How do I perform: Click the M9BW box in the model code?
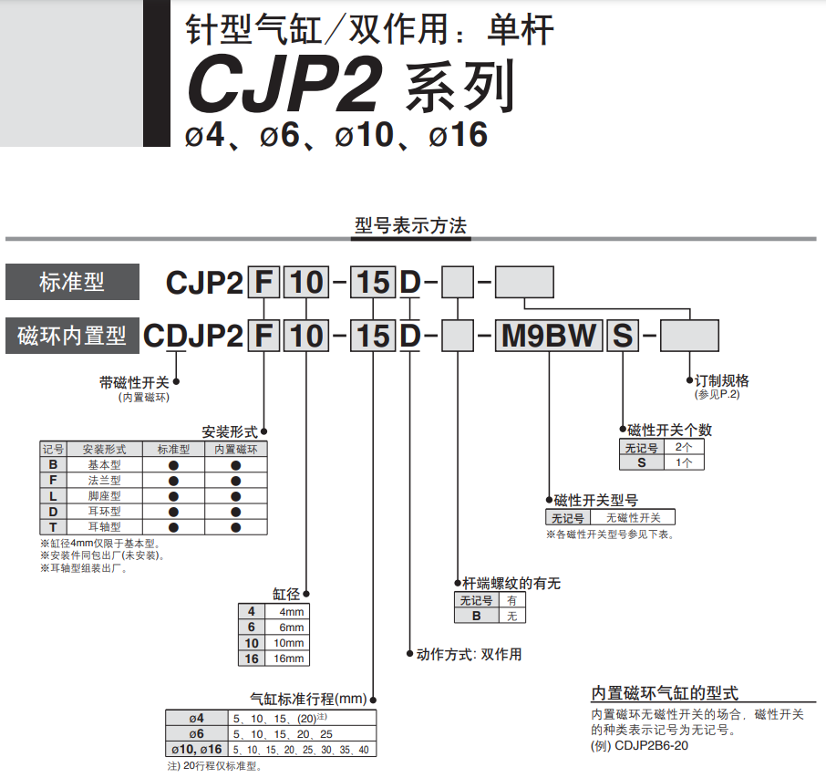pyautogui.click(x=548, y=336)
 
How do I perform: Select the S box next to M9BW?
pyautogui.click(x=623, y=336)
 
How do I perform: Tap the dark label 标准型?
pyautogui.click(x=72, y=282)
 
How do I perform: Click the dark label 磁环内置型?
pyautogui.click(x=72, y=336)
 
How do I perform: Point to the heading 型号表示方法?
pyautogui.click(x=411, y=225)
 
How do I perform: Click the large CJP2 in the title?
pyautogui.click(x=284, y=84)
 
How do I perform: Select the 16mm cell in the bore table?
pyautogui.click(x=288, y=659)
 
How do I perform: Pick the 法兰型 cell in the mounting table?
pyautogui.click(x=104, y=480)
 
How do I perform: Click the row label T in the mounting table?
pyautogui.click(x=53, y=526)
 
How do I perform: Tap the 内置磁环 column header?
pyautogui.click(x=236, y=449)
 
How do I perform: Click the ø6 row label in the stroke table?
pyautogui.click(x=197, y=733)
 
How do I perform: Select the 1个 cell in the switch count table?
pyautogui.click(x=683, y=462)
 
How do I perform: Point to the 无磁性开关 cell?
pyautogui.click(x=633, y=518)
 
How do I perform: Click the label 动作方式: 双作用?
pyautogui.click(x=469, y=654)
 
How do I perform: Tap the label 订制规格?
pyautogui.click(x=722, y=380)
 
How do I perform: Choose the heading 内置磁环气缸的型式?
pyautogui.click(x=665, y=692)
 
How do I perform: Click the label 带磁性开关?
pyautogui.click(x=134, y=383)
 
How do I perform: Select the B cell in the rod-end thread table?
pyautogui.click(x=476, y=616)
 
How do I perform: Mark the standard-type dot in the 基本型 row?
pyautogui.click(x=173, y=465)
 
